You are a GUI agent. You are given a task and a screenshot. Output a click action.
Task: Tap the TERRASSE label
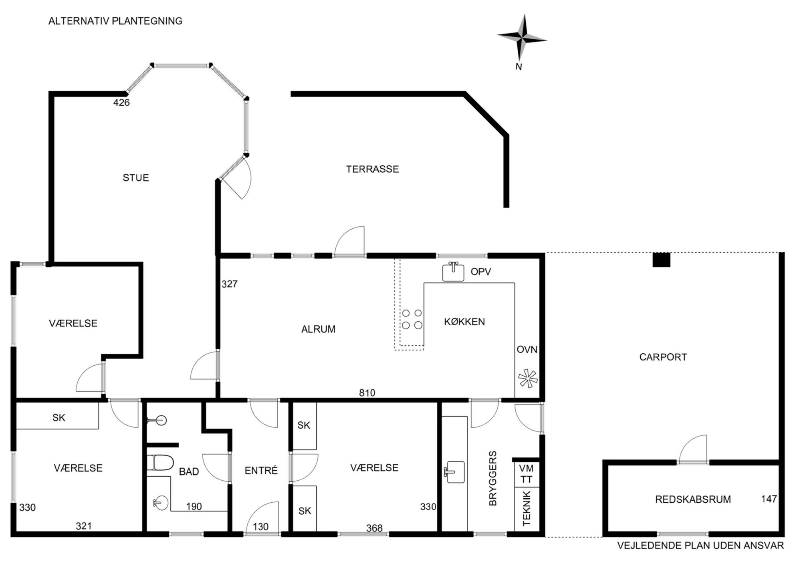pyautogui.click(x=372, y=169)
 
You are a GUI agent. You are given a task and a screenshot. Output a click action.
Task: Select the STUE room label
pyautogui.click(x=136, y=177)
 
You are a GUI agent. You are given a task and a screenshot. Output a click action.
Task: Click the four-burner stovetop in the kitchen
pyautogui.click(x=412, y=319)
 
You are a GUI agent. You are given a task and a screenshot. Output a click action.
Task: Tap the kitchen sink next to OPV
pyautogui.click(x=453, y=272)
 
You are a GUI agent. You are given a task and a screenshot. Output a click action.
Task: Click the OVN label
pyautogui.click(x=527, y=349)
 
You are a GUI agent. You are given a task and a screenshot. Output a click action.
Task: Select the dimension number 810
pyautogui.click(x=367, y=393)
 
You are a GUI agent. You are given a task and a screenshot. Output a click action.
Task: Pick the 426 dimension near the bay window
pyautogui.click(x=121, y=103)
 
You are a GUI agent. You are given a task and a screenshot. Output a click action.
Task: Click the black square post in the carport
pyautogui.click(x=661, y=260)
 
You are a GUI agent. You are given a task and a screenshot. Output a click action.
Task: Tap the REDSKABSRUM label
pyautogui.click(x=693, y=500)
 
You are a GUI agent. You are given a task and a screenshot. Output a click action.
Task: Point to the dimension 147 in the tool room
pyautogui.click(x=769, y=499)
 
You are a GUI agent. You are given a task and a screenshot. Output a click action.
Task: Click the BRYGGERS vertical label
pyautogui.click(x=493, y=478)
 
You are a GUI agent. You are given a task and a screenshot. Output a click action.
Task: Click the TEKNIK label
pyautogui.click(x=527, y=508)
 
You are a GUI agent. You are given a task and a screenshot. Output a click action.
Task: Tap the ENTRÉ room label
pyautogui.click(x=261, y=470)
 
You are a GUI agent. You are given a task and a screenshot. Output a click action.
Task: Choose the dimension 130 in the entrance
pyautogui.click(x=260, y=527)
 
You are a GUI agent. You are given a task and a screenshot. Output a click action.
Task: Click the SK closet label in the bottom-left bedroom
pyautogui.click(x=59, y=418)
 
